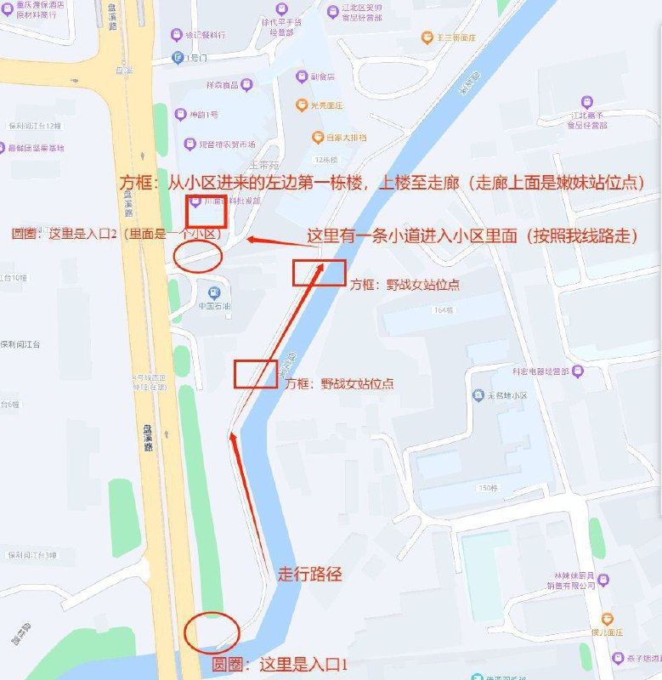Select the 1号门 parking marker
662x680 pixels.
(178, 58)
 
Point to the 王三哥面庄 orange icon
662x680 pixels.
(427, 37)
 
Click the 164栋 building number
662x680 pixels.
(444, 310)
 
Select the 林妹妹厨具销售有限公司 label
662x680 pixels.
(570, 581)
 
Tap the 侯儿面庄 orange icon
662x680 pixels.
(607, 619)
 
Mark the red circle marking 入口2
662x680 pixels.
(197, 254)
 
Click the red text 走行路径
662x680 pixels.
(310, 575)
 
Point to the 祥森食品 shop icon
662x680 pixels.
(246, 84)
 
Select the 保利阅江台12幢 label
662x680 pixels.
(35, 126)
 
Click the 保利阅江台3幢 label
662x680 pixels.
(31, 555)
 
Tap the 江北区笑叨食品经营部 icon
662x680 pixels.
(332, 11)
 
